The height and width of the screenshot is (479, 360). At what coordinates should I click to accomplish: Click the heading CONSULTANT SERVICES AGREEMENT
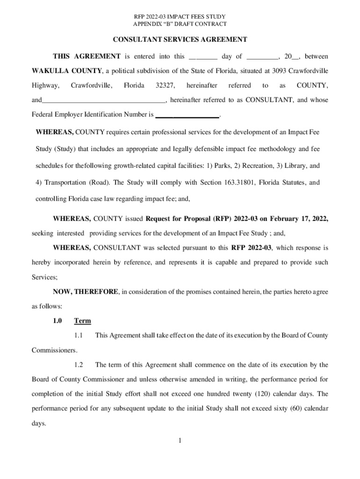[x=180, y=39]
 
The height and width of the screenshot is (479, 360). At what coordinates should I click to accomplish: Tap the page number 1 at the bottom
[x=180, y=440]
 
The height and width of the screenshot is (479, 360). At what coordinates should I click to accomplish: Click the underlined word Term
[x=82, y=321]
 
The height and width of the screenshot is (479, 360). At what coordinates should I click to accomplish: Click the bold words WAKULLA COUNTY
[x=67, y=71]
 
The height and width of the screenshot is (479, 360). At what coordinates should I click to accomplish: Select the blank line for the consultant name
[x=103, y=100]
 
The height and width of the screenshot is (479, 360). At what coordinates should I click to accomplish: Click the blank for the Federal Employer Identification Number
[x=187, y=115]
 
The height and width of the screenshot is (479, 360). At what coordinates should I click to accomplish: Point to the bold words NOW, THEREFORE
[x=86, y=292]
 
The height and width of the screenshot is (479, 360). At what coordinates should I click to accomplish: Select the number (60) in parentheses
[x=292, y=408]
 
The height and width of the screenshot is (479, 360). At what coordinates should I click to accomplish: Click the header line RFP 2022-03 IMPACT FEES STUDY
[x=180, y=17]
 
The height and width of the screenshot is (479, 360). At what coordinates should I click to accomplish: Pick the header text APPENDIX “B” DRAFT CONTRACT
[x=180, y=24]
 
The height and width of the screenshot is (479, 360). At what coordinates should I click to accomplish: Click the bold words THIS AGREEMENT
[x=86, y=57]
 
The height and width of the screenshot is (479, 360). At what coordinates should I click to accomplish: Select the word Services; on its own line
[x=44, y=277]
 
